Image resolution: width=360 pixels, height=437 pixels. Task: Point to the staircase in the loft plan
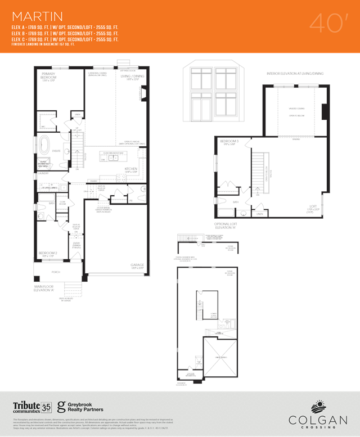[x=259, y=166]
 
